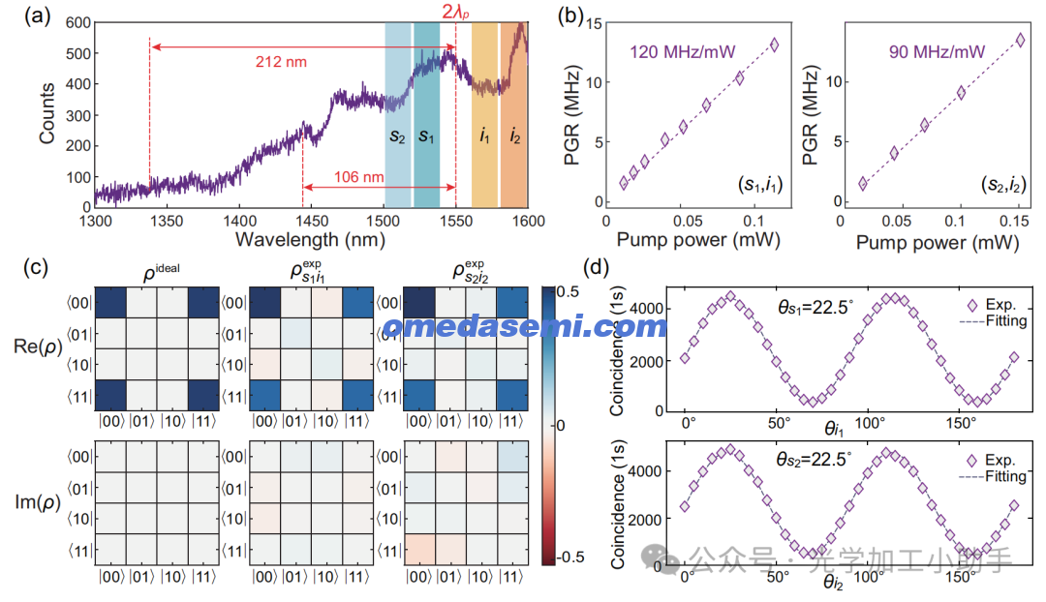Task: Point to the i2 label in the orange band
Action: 514,135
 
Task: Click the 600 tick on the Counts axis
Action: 78,22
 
